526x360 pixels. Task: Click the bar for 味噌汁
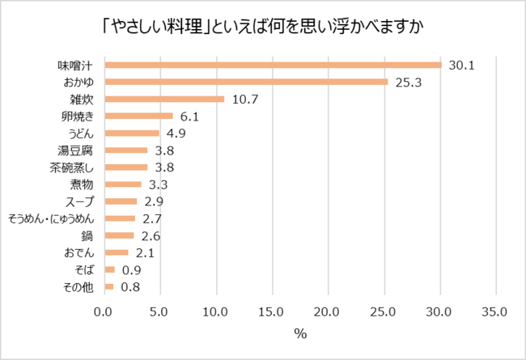point(273,65)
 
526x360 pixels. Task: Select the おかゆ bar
point(246,82)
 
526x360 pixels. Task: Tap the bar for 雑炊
point(164,100)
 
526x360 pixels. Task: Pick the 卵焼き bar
point(138,116)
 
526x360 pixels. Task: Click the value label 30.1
point(460,65)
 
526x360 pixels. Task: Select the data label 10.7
point(244,100)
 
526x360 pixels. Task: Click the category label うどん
point(84,133)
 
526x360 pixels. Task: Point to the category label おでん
point(84,253)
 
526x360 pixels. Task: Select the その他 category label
point(84,287)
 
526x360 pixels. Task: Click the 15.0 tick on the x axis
point(271,311)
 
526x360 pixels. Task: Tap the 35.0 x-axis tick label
point(494,311)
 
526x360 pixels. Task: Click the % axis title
point(299,333)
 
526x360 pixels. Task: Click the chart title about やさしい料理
point(263,26)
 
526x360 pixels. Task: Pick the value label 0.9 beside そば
point(131,270)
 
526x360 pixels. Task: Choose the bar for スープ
point(121,201)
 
